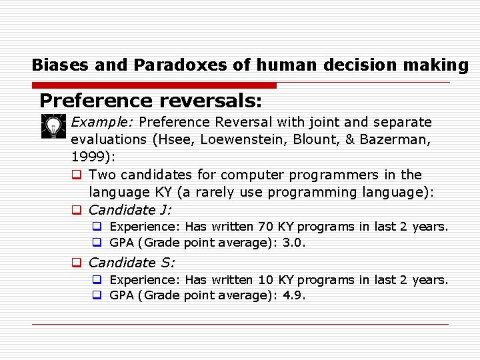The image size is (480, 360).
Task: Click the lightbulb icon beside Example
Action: [51, 126]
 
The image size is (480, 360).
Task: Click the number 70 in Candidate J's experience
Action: [266, 227]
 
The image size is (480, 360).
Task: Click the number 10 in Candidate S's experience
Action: [266, 280]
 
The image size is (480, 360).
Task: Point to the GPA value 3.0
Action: [293, 243]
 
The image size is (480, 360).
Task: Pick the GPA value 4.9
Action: [293, 296]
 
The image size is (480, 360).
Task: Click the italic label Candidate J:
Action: [130, 210]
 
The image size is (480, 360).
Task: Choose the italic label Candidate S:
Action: [131, 263]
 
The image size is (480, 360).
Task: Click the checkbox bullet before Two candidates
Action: [77, 175]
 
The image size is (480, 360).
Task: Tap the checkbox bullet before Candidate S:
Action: [77, 263]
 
